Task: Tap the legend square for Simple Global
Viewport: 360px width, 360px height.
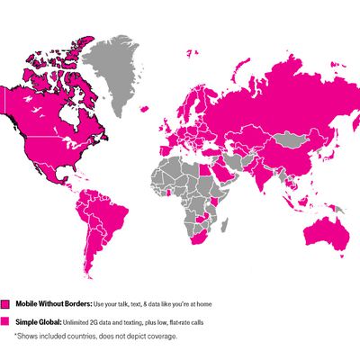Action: coord(5,321)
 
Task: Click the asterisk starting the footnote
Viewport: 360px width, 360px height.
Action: coord(15,335)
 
